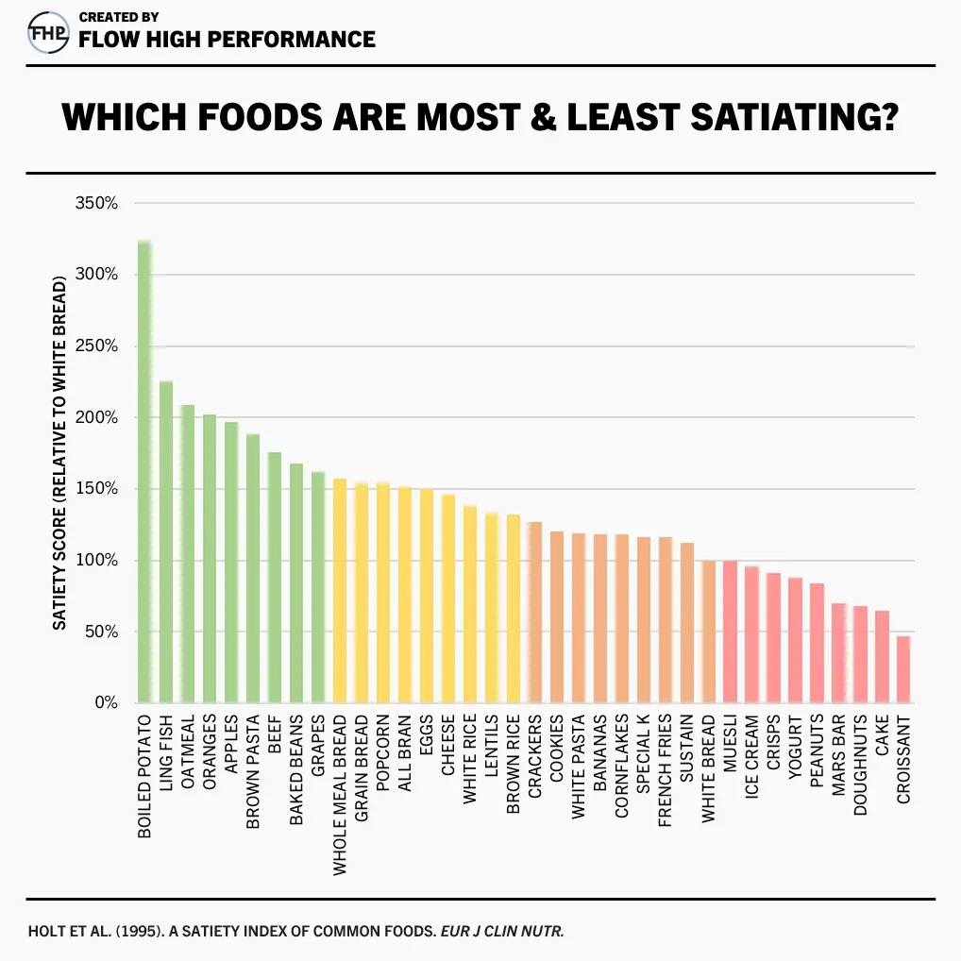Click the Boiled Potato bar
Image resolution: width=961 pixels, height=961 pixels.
click(144, 471)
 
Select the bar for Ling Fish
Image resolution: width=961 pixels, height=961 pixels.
click(166, 542)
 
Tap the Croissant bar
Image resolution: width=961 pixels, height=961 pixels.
click(903, 669)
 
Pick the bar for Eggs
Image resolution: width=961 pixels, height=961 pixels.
click(427, 596)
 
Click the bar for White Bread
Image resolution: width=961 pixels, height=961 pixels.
click(709, 632)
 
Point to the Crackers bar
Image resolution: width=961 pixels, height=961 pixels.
click(535, 613)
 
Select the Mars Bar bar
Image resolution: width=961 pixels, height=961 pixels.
click(838, 652)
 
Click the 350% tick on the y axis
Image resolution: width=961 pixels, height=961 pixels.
click(96, 203)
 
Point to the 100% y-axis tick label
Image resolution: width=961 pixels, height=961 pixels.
click(96, 560)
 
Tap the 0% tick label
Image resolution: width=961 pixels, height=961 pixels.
click(106, 702)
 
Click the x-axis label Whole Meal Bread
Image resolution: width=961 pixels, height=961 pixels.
click(340, 795)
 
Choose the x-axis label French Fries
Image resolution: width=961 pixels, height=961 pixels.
click(665, 770)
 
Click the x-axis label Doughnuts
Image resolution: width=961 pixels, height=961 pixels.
click(861, 765)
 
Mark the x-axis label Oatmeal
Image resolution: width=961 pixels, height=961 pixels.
click(188, 751)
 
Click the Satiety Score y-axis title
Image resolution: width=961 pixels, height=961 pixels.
click(59, 453)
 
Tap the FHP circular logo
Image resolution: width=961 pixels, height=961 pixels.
click(48, 32)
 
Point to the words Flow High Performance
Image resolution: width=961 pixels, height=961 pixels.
click(227, 40)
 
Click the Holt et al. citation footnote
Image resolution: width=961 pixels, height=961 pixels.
click(295, 931)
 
